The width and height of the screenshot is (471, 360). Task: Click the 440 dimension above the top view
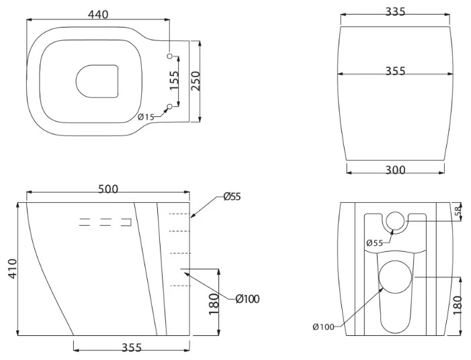[x=98, y=14]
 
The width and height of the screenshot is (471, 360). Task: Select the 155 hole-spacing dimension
[x=174, y=80]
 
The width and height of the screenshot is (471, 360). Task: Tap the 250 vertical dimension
[x=196, y=81]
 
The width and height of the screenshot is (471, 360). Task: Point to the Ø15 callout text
[x=146, y=117]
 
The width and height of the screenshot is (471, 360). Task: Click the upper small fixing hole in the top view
[x=170, y=56]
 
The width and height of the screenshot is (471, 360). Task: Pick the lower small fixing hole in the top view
[x=170, y=107]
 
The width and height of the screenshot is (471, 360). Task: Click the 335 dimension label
[x=395, y=11]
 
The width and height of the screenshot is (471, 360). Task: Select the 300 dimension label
[x=395, y=170]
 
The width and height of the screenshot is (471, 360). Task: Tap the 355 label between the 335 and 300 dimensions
[x=395, y=71]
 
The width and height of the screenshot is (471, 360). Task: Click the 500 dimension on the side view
[x=108, y=189]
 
